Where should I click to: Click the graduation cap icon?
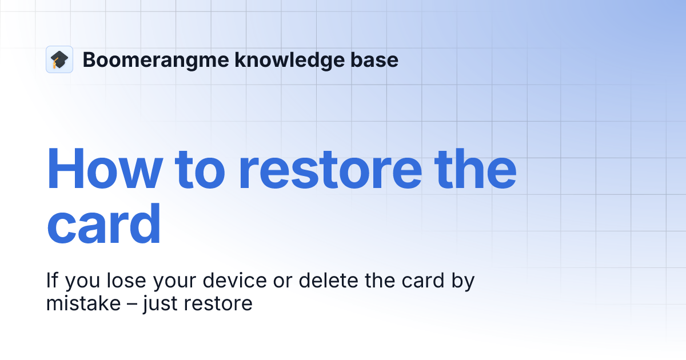[59, 59]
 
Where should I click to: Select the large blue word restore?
[346, 170]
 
